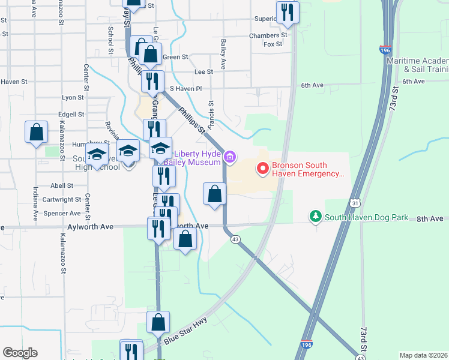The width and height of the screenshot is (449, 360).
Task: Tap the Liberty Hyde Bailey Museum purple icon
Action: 229,158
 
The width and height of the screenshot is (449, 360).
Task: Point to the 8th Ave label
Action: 430,220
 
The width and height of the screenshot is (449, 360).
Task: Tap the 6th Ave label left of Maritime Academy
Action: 312,86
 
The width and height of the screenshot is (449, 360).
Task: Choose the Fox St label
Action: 273,44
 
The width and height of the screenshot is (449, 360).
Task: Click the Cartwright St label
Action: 62,199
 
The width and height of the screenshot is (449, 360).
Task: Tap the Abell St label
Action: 62,186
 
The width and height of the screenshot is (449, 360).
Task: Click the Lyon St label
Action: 73,97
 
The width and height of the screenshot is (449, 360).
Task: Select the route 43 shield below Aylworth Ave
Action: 236,239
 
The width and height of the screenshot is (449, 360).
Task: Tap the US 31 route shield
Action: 355,205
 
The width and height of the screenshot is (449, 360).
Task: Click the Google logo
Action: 20,353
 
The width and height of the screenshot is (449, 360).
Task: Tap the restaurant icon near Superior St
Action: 288,13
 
